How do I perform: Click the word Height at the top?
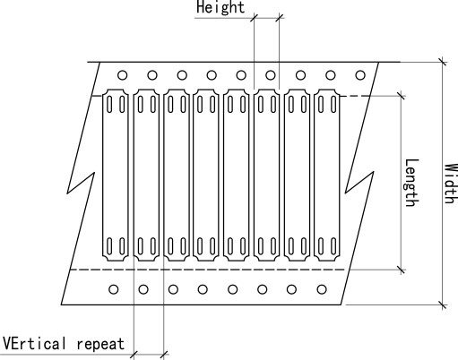click(220, 7)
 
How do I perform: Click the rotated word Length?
click(412, 183)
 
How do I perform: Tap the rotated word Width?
click(451, 184)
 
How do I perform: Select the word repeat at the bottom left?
click(100, 344)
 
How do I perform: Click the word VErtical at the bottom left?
click(34, 343)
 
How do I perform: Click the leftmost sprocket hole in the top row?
click(122, 75)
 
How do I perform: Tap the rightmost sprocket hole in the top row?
click(360, 75)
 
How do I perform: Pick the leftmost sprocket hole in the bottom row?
click(114, 289)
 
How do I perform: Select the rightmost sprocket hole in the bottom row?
click(322, 289)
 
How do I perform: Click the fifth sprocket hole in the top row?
click(241, 75)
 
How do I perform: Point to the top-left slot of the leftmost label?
click(109, 104)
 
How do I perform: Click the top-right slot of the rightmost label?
click(333, 104)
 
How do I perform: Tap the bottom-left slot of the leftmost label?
click(109, 246)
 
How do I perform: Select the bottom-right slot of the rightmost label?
click(333, 246)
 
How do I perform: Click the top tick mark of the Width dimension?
click(444, 62)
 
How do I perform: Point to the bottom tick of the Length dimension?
click(402, 270)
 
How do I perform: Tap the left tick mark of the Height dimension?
click(254, 18)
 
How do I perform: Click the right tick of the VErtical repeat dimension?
click(164, 355)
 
